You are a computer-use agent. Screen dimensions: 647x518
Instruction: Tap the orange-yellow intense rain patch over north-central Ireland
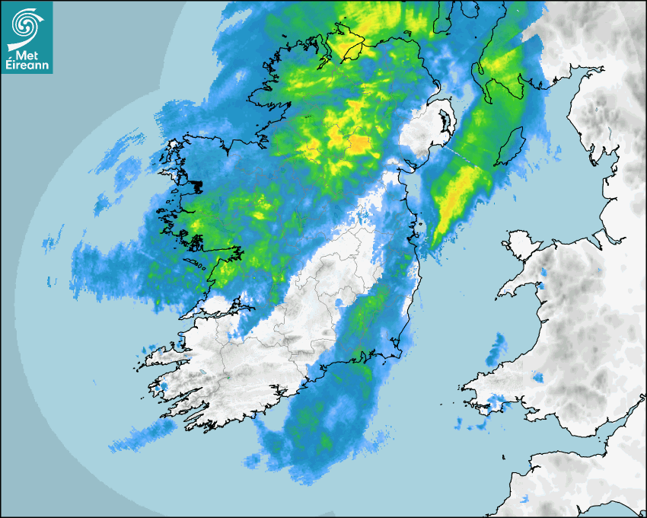[x=359, y=142]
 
